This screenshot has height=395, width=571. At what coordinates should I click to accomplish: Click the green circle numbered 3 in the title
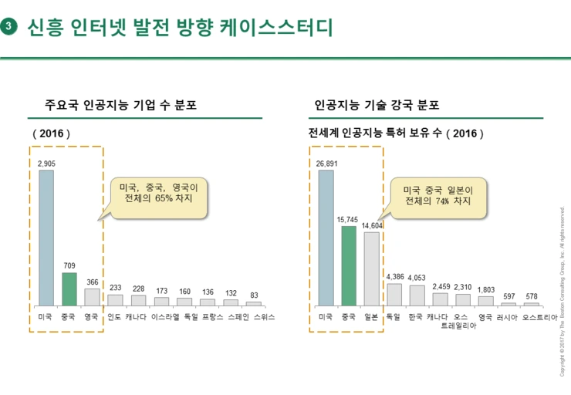9,28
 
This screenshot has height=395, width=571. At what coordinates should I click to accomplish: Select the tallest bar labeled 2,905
46,238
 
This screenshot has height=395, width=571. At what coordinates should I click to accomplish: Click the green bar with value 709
69,289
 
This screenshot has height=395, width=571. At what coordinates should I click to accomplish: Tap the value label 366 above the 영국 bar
92,282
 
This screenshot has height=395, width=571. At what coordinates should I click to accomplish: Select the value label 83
254,294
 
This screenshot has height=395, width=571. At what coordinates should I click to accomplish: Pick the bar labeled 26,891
326,238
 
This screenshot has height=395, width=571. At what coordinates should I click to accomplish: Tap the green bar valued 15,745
349,265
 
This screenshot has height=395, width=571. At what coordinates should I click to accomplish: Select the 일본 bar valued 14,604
372,268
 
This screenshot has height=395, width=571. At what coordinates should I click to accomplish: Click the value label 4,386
394,276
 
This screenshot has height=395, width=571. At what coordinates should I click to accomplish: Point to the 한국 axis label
417,317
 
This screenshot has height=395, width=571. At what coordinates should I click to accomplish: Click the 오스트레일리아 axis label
461,321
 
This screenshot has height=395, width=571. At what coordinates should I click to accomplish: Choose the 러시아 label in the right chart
506,317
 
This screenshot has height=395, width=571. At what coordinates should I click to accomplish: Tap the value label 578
531,296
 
